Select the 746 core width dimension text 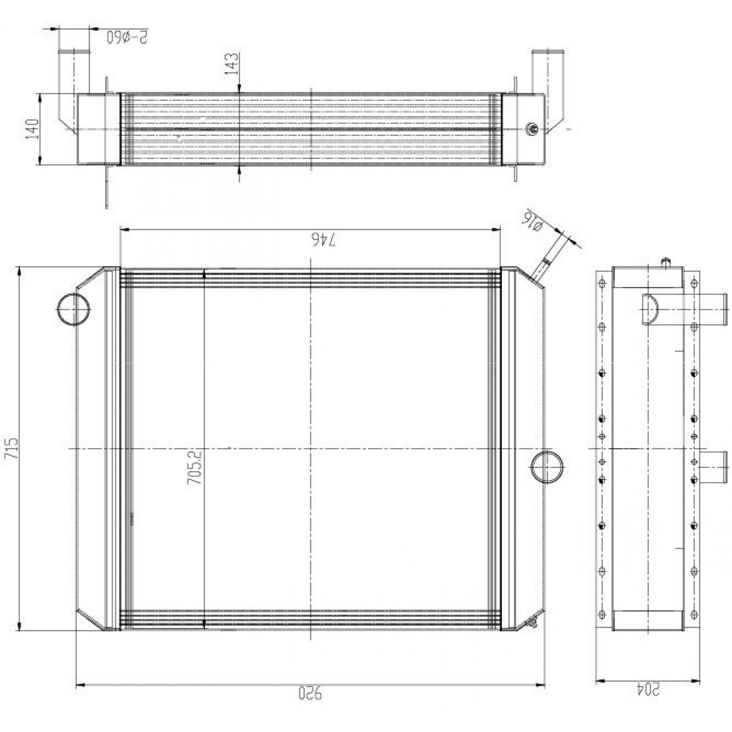pyautogui.click(x=324, y=240)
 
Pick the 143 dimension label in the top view pyautogui.click(x=232, y=64)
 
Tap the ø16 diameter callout pyautogui.click(x=533, y=223)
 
